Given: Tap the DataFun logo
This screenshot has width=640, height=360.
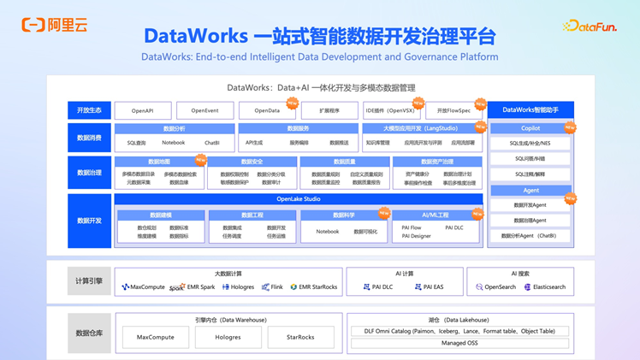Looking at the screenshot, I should (x=590, y=27).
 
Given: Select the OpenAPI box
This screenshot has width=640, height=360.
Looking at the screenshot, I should (x=142, y=110).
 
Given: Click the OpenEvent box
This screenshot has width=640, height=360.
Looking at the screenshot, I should (x=204, y=110).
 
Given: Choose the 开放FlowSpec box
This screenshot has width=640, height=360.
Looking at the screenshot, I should (x=453, y=110).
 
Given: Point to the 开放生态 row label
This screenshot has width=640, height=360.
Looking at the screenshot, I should (x=89, y=110).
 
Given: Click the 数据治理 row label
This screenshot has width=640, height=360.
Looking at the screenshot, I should (x=89, y=172).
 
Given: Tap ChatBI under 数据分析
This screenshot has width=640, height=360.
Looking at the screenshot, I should (x=211, y=143).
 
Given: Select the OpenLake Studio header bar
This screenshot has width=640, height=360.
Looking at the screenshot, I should (x=299, y=199).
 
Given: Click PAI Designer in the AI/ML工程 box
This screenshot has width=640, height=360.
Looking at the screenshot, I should (x=417, y=236).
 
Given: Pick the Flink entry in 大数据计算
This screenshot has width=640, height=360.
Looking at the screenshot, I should (x=272, y=287).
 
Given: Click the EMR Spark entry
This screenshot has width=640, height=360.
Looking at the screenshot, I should (x=193, y=287).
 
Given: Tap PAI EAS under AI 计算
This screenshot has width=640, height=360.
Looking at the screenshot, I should (x=430, y=287).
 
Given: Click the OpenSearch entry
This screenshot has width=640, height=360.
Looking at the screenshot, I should (x=496, y=287).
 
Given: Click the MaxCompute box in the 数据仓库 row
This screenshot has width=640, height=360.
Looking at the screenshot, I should (x=156, y=337).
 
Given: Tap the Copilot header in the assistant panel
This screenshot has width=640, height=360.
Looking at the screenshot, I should (x=530, y=128).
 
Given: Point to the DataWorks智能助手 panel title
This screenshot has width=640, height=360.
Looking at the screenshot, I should (x=530, y=109).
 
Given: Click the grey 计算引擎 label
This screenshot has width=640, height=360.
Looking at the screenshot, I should (x=89, y=280).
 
